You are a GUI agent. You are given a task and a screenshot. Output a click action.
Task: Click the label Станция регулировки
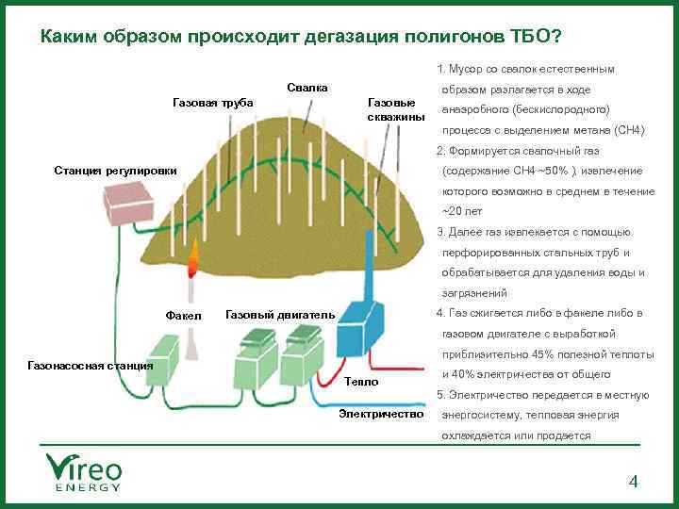point(115,171)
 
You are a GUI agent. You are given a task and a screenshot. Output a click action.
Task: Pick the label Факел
point(182,315)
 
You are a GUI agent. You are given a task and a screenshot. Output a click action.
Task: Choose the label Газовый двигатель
point(280,314)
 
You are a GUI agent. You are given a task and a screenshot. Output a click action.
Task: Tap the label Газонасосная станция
point(91,364)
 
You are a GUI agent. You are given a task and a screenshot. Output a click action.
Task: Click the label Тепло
point(360,382)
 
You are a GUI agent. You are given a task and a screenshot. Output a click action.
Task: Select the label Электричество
point(382,415)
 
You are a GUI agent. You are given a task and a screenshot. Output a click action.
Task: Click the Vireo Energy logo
point(84,471)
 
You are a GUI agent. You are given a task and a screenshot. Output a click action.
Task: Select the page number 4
point(634,483)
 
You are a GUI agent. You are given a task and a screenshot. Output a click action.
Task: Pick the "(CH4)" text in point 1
point(629,130)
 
